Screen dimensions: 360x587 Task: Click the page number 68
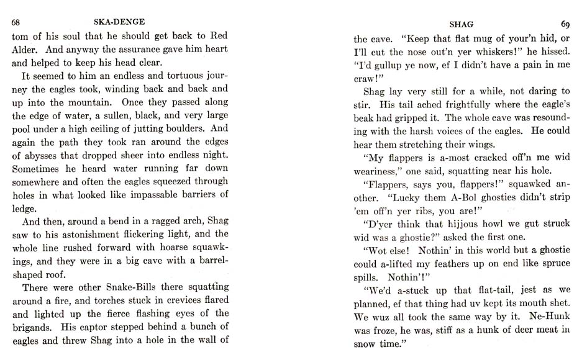17,24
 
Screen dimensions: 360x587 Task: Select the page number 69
565,24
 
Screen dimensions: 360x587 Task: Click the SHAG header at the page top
461,24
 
